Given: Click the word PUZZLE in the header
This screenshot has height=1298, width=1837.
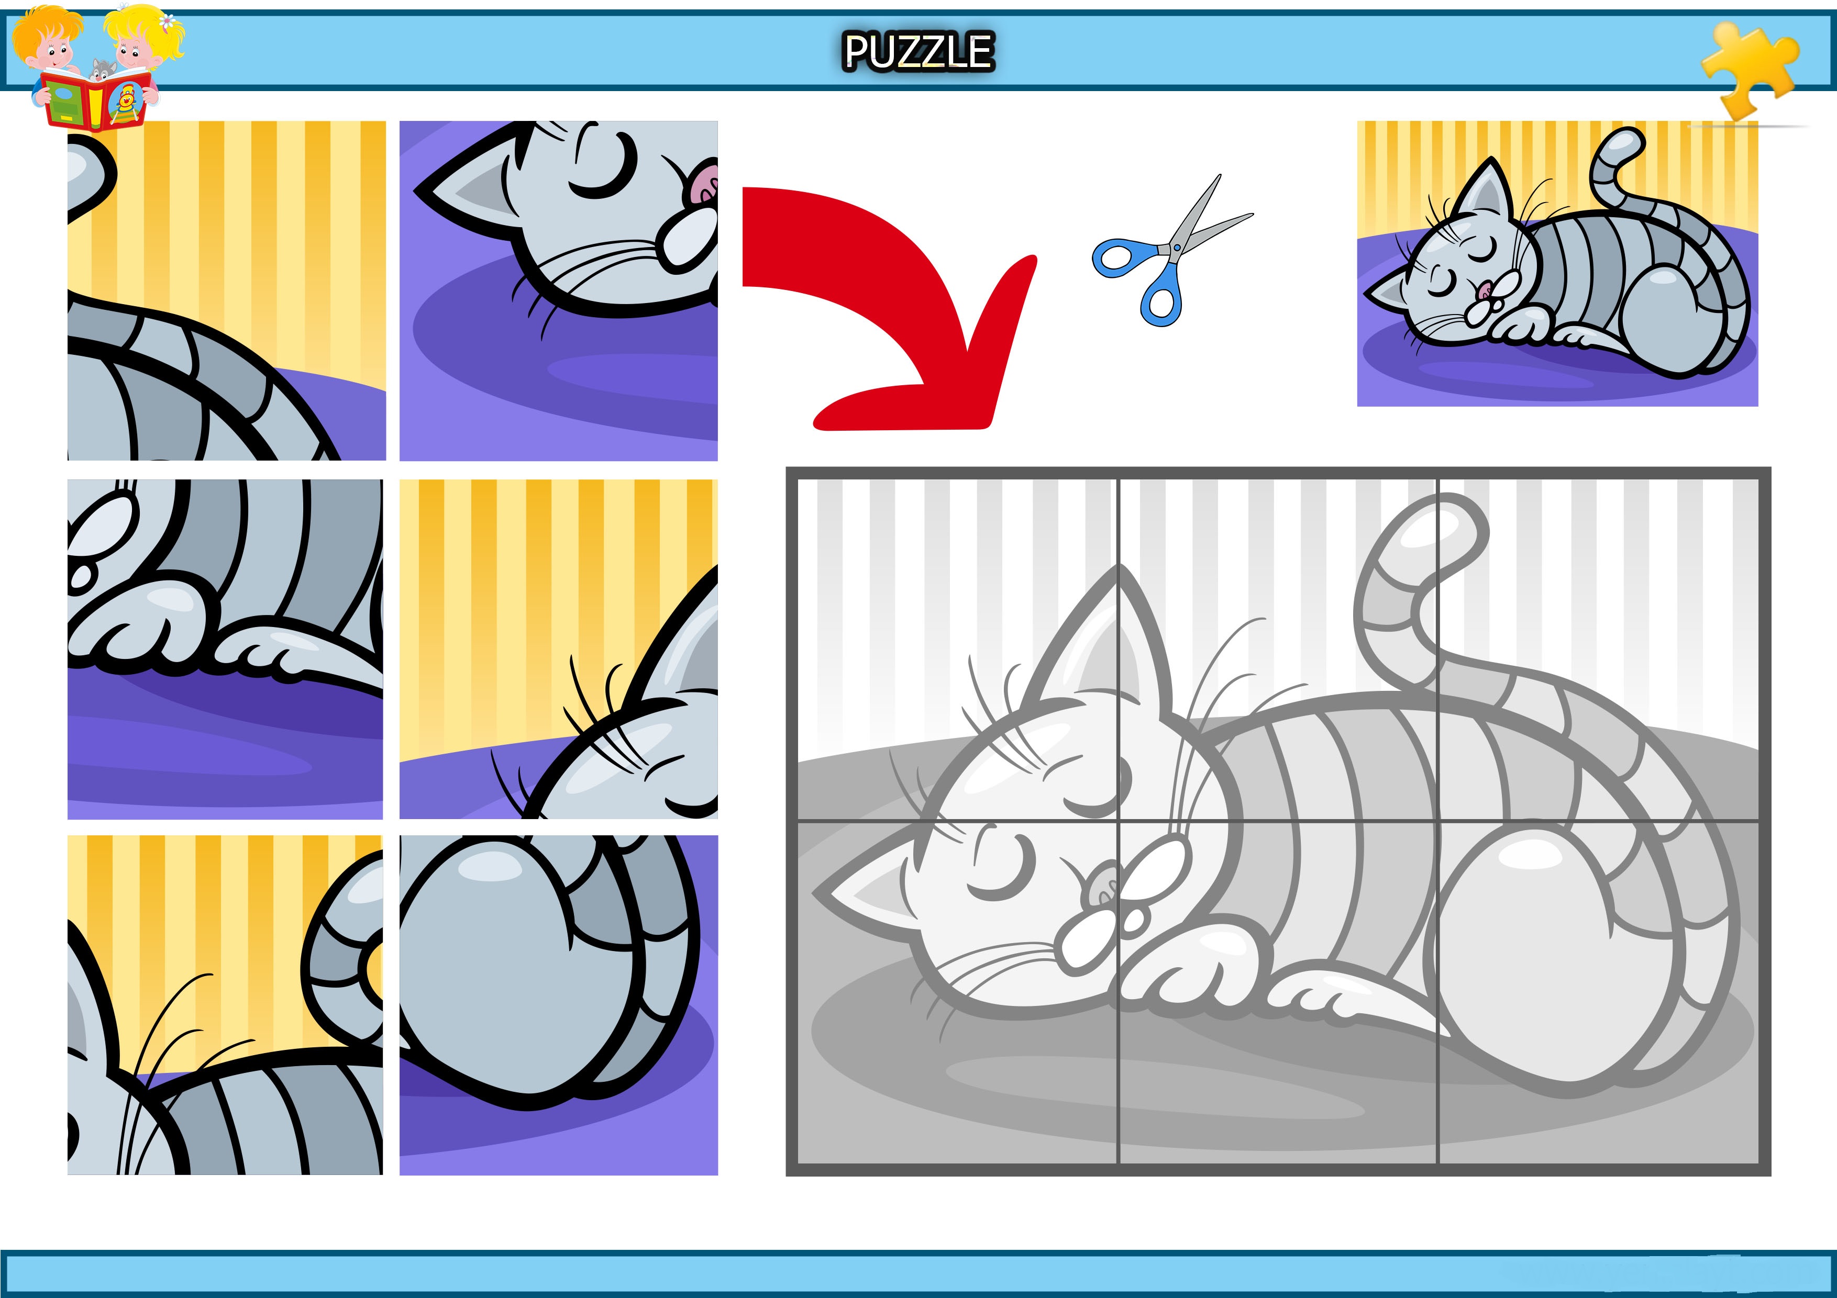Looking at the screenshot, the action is (x=918, y=52).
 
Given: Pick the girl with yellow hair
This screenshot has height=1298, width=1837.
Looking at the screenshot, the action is (x=140, y=48).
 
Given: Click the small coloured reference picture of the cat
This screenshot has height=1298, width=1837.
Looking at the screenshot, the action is (x=1557, y=263).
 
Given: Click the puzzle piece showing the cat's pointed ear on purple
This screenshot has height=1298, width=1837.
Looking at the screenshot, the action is (x=558, y=290).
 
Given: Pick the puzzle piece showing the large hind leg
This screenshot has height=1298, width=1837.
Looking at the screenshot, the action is (x=558, y=1004).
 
